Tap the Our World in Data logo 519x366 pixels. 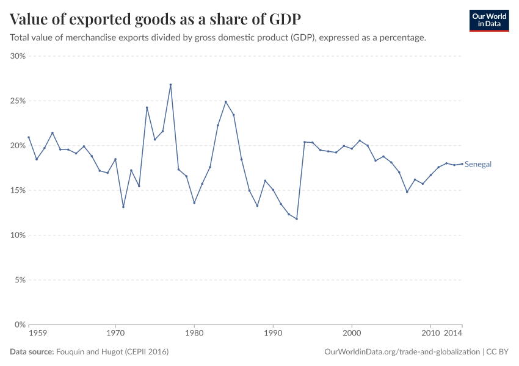point(488,20)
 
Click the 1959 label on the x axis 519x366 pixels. point(37,334)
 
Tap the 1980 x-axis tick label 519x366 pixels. point(194,334)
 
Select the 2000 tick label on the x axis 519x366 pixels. point(352,334)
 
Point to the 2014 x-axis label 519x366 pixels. point(453,334)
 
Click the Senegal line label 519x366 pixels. point(478,164)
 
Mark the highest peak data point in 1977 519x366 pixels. point(170,85)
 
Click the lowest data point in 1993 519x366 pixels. point(297,219)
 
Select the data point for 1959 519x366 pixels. point(29,137)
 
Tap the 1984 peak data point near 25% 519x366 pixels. point(226,102)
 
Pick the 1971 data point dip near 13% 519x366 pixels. point(123,207)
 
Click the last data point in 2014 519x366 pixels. point(462,164)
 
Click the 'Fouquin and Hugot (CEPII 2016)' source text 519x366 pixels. point(112,352)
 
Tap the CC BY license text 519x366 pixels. point(498,352)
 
